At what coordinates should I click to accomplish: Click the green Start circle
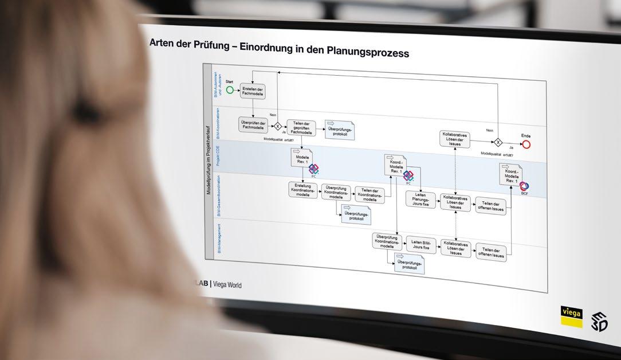tap(230, 90)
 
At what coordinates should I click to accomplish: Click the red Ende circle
tap(526, 144)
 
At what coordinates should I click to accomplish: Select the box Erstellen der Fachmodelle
tap(253, 92)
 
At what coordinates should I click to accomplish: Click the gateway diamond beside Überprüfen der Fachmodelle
tap(277, 126)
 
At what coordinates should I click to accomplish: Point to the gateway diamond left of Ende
tap(498, 142)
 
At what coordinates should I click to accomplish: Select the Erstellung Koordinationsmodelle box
tap(302, 191)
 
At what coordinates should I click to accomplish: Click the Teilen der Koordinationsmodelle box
tap(370, 195)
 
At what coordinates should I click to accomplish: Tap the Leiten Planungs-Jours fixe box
tap(421, 200)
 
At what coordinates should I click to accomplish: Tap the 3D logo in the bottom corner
tap(600, 322)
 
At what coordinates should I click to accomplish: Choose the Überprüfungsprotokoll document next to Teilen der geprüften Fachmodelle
tap(340, 130)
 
